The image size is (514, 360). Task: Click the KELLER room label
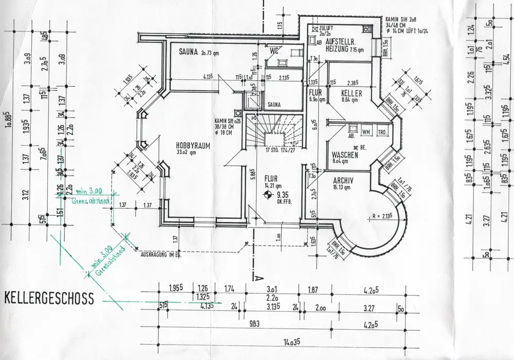pyautogui.click(x=352, y=93)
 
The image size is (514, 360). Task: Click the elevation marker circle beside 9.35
pyautogui.click(x=267, y=194)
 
